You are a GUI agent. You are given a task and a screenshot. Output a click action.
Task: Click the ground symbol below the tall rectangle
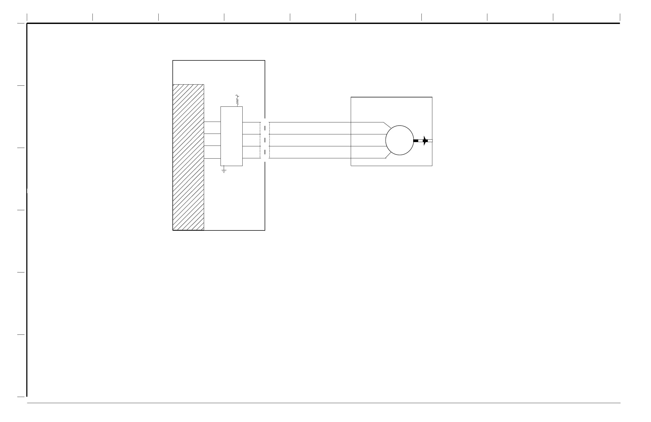coord(224,171)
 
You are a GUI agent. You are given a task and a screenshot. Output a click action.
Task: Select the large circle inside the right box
coord(399,140)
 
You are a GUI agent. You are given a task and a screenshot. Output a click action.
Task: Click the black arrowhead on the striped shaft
coord(425,141)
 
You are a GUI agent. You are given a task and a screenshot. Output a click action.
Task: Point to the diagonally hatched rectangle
coord(188,157)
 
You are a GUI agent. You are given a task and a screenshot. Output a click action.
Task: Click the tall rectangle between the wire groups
coord(231,136)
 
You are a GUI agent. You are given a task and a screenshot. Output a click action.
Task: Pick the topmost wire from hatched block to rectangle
coord(212,122)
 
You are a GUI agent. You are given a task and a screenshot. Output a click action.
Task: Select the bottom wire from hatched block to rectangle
coord(212,158)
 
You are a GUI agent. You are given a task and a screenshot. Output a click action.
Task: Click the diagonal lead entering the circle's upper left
coord(387,125)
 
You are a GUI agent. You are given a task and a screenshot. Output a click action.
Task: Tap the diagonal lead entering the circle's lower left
coord(388,155)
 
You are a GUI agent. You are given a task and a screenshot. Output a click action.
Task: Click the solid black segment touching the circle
coord(416,141)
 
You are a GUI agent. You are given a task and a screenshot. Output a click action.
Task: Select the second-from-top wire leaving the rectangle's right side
coord(251,134)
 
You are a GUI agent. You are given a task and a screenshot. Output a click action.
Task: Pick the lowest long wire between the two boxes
coord(309,158)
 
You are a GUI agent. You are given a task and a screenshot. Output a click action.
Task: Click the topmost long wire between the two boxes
coord(309,122)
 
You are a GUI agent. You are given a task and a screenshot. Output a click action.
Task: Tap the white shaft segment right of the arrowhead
coord(430,141)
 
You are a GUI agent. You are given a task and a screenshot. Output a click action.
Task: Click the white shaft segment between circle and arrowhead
coord(420,141)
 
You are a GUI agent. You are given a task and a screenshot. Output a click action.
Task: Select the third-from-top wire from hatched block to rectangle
coord(212,146)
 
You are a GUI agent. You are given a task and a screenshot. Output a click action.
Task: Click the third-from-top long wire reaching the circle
coord(309,146)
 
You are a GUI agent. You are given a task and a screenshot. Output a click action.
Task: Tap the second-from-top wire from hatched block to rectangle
coord(212,134)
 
